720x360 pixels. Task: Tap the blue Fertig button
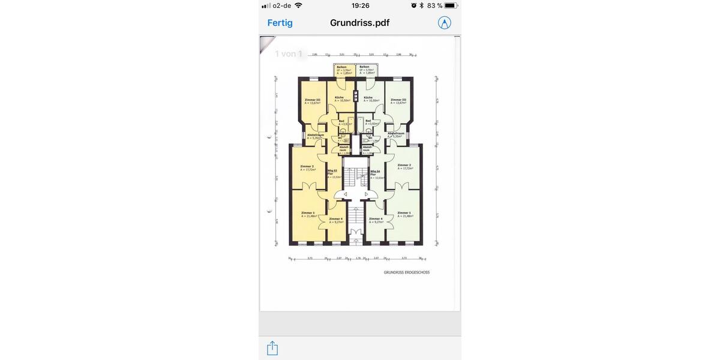(280, 23)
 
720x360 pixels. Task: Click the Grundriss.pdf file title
(359, 23)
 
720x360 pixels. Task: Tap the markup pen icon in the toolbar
(445, 23)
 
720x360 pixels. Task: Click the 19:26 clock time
(360, 5)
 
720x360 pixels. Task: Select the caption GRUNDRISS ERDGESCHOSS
(407, 272)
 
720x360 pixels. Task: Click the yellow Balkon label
(341, 67)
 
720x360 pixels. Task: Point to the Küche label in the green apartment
(368, 97)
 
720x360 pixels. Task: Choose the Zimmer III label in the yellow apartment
(313, 100)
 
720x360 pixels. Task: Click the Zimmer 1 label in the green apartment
(404, 212)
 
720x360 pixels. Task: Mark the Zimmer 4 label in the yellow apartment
(336, 219)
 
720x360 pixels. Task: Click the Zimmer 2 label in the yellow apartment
(307, 166)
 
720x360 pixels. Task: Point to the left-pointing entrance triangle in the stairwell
(345, 194)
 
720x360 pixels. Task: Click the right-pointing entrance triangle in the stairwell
(367, 194)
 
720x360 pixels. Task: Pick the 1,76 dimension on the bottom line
(358, 258)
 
